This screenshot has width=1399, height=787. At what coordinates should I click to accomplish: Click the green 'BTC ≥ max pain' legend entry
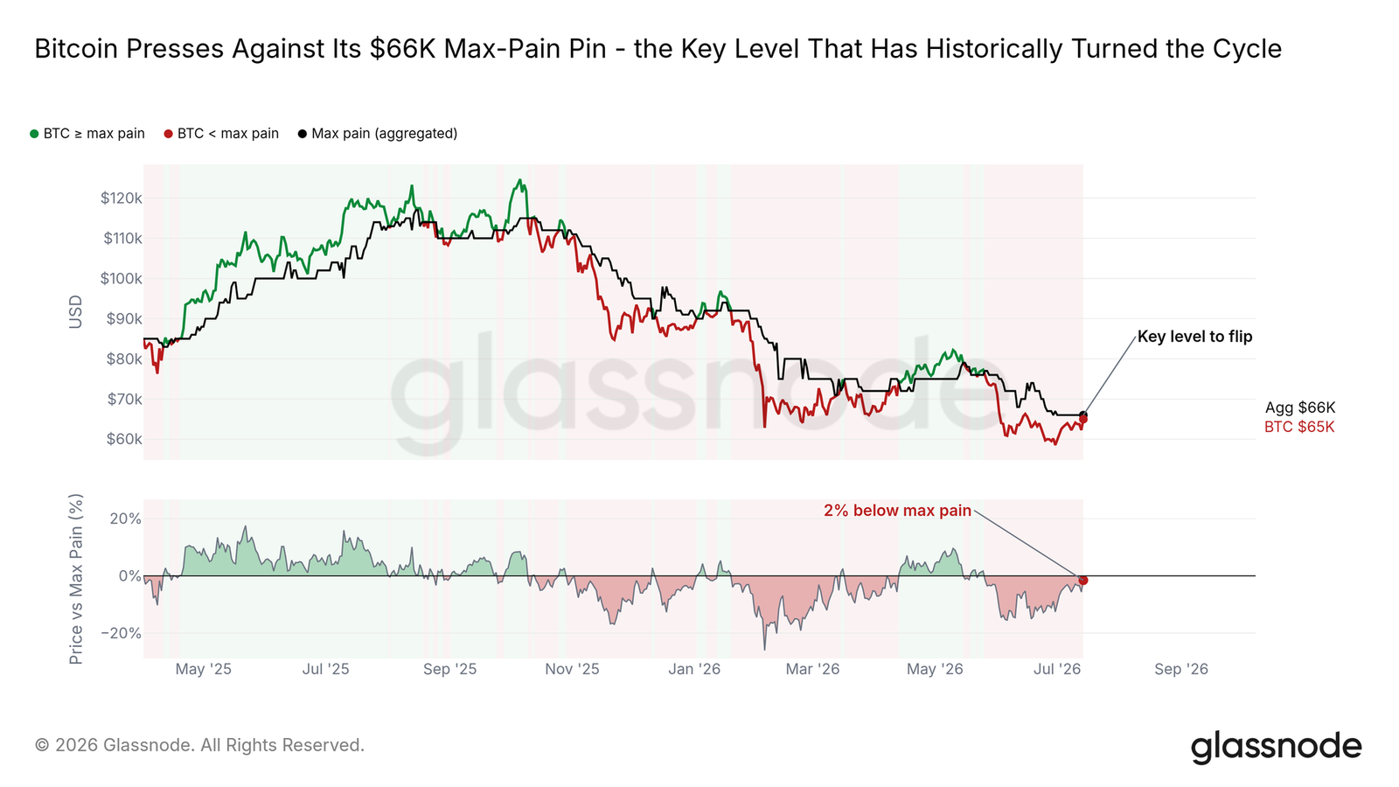pos(87,134)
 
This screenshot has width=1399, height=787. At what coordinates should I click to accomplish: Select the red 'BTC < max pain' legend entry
pos(222,134)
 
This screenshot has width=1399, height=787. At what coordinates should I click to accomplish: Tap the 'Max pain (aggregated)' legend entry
pos(378,134)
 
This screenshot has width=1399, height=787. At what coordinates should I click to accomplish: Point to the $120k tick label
pos(122,198)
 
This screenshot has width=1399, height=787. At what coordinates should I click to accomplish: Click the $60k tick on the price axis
pos(124,439)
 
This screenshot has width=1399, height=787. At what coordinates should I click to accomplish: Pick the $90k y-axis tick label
pos(124,319)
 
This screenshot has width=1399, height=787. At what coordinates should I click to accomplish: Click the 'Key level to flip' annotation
pos(1194,337)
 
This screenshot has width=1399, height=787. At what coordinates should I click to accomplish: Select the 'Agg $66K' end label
pos(1300,407)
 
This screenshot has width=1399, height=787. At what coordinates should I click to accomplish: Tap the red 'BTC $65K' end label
pos(1299,428)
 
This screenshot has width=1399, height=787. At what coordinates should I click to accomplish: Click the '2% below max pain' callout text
pos(897,511)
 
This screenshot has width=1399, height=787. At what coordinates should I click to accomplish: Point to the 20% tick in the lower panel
pos(126,519)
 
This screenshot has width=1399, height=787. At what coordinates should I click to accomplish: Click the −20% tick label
pos(122,633)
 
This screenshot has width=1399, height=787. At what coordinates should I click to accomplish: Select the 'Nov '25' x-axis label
pos(572,669)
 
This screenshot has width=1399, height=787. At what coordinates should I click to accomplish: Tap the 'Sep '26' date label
pos(1181,669)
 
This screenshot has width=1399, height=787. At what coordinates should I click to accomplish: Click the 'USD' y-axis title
pos(75,311)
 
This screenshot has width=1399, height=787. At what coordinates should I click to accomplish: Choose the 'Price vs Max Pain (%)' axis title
pos(75,579)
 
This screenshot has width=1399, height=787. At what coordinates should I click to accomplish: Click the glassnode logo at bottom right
pos(1276,747)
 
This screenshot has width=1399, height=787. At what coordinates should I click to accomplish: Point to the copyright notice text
pos(199,745)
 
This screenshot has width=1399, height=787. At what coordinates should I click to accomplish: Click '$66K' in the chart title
pos(402,49)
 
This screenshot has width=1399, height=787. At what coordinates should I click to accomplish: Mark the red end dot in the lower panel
pos(1083,581)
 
